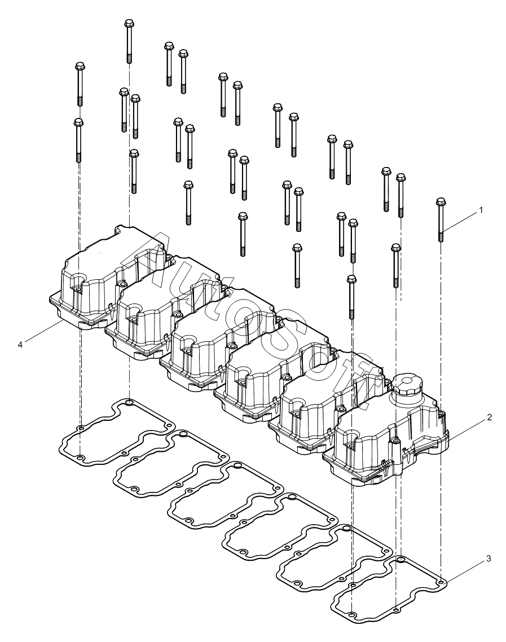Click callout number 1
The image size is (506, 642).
pyautogui.click(x=481, y=210)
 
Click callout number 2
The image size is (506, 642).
pyautogui.click(x=489, y=417)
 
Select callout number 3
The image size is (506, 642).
pyautogui.click(x=489, y=559)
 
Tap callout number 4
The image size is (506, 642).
pyautogui.click(x=20, y=344)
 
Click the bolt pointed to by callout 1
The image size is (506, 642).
pyautogui.click(x=441, y=219)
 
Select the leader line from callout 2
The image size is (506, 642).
pyautogui.click(x=468, y=429)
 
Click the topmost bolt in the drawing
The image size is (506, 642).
pyautogui.click(x=129, y=41)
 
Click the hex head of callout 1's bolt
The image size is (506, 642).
pyautogui.click(x=441, y=201)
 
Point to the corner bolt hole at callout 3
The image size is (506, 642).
pyautogui.click(x=441, y=582)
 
